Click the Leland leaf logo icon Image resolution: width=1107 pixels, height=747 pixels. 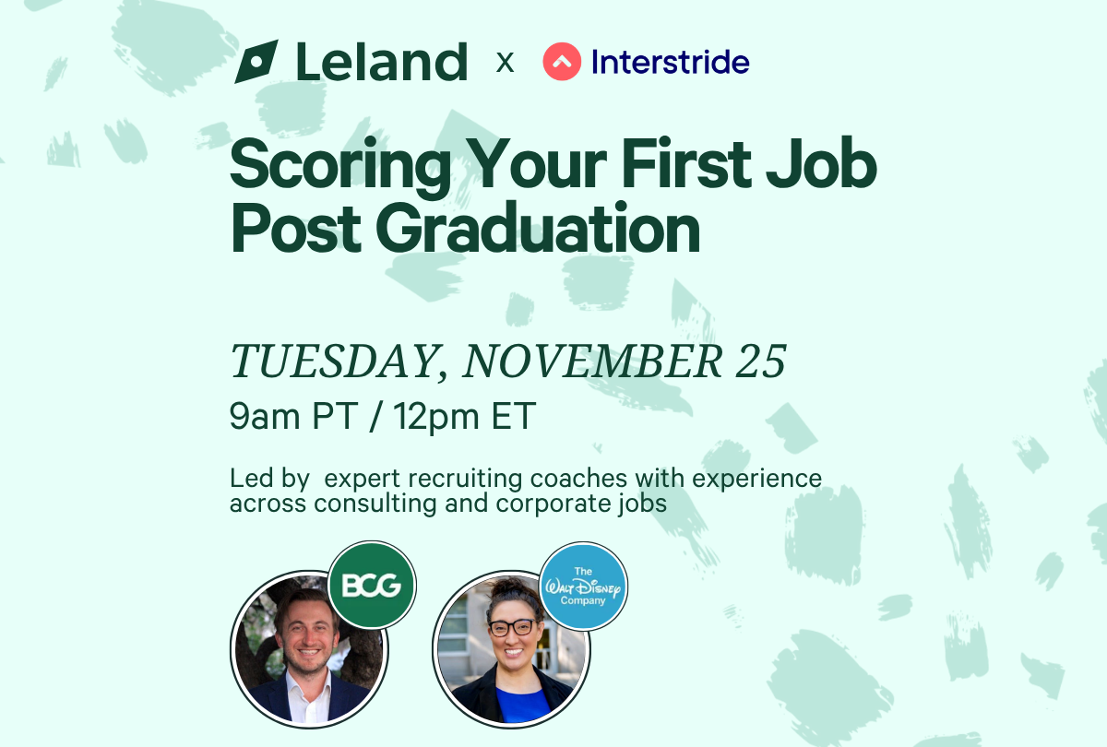tap(256, 62)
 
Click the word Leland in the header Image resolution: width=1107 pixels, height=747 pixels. tap(381, 62)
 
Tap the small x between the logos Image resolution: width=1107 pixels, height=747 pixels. tap(505, 63)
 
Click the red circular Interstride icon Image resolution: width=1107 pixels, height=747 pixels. tap(562, 62)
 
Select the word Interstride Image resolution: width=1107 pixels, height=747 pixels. tap(670, 62)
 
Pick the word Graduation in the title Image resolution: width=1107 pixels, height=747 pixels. tap(538, 231)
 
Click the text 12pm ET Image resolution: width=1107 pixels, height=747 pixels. tap(465, 417)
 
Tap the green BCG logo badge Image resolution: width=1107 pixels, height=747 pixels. tap(372, 585)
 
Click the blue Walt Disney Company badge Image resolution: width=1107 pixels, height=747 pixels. tap(583, 587)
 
